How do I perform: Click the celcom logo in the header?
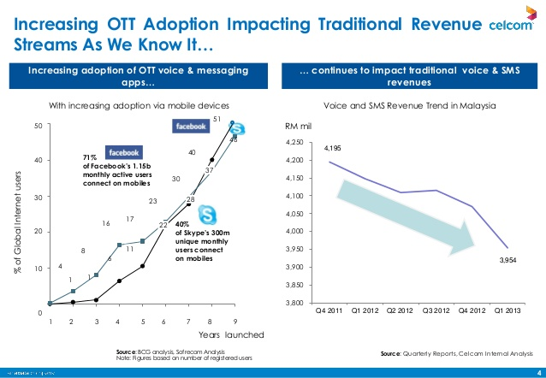[510, 27]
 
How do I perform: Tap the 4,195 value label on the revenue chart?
[333, 149]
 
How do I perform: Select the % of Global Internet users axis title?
[17, 223]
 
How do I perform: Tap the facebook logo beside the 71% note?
[123, 151]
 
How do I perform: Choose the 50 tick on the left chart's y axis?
[38, 126]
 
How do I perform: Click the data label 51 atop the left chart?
[217, 119]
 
